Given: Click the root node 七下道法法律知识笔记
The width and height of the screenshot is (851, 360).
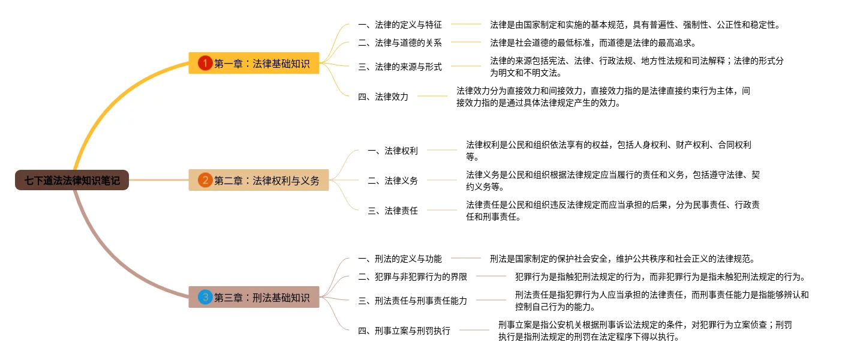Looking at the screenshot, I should (72, 179).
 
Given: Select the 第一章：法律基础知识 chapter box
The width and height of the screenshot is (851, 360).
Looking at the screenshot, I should (254, 63).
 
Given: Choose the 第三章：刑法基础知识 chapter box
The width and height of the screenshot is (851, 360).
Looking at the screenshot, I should (254, 297).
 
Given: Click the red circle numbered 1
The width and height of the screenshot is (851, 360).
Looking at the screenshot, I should (205, 63).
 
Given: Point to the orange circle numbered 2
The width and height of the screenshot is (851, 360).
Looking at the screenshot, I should (205, 180).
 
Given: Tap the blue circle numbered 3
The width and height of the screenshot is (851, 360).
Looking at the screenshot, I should (205, 297).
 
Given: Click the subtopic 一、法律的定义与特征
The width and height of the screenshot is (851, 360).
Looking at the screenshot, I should (399, 25).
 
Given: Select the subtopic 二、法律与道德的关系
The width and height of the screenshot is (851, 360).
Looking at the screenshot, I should (399, 43).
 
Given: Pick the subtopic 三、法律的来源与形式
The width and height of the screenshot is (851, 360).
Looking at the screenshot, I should (399, 67).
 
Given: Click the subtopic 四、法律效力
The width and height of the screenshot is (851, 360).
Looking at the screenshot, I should (383, 97).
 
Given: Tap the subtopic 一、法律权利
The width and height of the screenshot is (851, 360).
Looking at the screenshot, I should (392, 151).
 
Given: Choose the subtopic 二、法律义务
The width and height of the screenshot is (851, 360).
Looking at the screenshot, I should (392, 181).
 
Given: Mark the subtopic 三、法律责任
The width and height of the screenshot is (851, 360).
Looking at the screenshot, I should (392, 211).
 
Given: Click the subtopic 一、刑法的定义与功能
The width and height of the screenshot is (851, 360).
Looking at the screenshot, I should (399, 259).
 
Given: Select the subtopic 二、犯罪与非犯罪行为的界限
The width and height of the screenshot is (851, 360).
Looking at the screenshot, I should (412, 277).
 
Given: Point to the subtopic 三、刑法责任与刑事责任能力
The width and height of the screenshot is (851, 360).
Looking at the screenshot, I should (412, 301).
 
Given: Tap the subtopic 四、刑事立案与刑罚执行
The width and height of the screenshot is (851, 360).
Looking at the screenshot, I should (404, 331).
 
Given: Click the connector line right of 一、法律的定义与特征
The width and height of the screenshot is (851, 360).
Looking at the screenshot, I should (466, 25).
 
